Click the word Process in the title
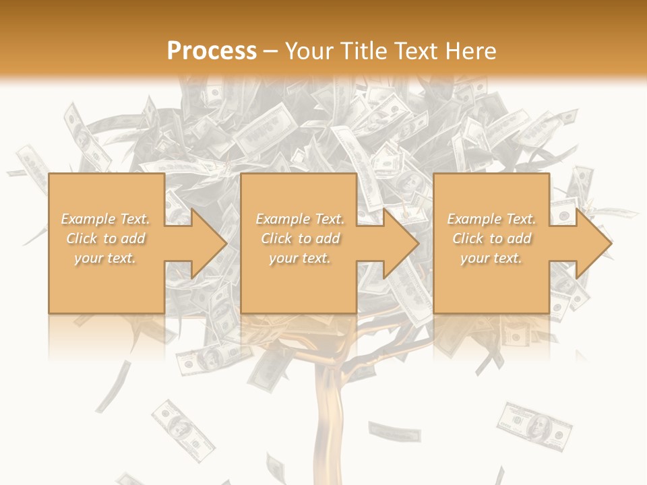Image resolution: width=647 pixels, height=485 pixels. (x=212, y=51)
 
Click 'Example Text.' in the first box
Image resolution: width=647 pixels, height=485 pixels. (x=105, y=219)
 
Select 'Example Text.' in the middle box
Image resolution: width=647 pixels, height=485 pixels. (x=299, y=219)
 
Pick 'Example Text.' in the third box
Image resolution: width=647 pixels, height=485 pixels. (x=491, y=219)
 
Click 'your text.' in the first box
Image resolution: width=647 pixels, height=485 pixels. (x=105, y=258)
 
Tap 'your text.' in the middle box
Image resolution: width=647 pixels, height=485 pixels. (x=299, y=258)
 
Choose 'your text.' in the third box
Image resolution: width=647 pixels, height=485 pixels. (x=491, y=258)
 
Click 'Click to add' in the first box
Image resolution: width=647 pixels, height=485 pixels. (x=105, y=238)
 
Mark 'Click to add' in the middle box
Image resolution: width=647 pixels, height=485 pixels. (x=299, y=238)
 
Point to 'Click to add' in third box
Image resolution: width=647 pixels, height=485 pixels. (x=491, y=238)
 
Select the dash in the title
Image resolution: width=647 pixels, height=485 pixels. (x=270, y=51)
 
